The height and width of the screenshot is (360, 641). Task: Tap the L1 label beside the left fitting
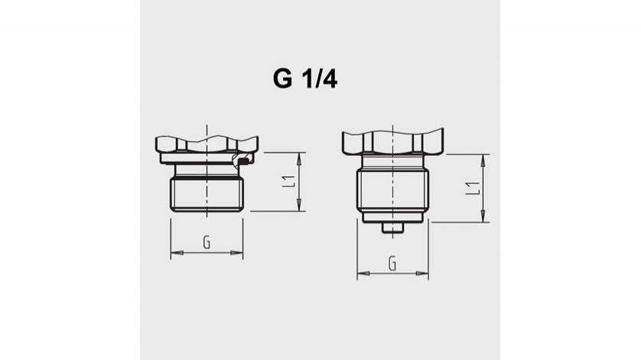point(288,182)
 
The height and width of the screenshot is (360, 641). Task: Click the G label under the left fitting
point(207,242)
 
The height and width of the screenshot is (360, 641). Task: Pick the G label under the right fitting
point(392,264)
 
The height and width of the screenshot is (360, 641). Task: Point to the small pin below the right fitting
point(393,227)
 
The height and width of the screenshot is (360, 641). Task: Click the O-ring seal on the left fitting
point(242,161)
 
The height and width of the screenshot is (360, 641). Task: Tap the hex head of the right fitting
point(393,142)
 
